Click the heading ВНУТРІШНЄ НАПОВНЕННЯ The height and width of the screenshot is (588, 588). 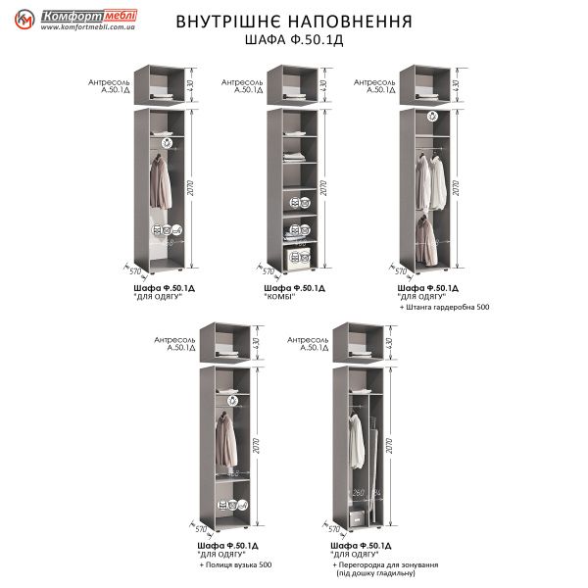point(293,21)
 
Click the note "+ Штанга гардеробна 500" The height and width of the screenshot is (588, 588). point(445,307)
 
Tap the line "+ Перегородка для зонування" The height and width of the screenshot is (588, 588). point(385,565)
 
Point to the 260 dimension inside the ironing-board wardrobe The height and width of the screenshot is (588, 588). point(359,493)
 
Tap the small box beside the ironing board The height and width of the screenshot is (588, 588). point(358,517)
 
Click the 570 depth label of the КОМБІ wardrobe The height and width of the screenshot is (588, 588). point(262,270)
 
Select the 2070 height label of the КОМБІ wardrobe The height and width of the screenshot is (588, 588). point(324,188)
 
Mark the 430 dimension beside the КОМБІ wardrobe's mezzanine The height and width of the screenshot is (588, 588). point(323,84)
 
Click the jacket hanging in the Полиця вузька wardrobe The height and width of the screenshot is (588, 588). point(226,440)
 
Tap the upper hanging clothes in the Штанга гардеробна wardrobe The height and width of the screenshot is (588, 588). point(429,181)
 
